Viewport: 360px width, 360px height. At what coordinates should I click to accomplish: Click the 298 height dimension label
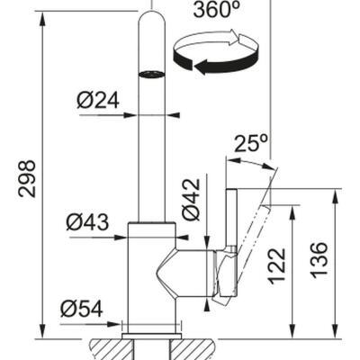(x=26, y=179)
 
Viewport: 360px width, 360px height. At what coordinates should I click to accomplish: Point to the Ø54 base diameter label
(x=82, y=309)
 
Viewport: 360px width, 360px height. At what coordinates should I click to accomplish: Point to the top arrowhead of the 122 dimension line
(x=294, y=210)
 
